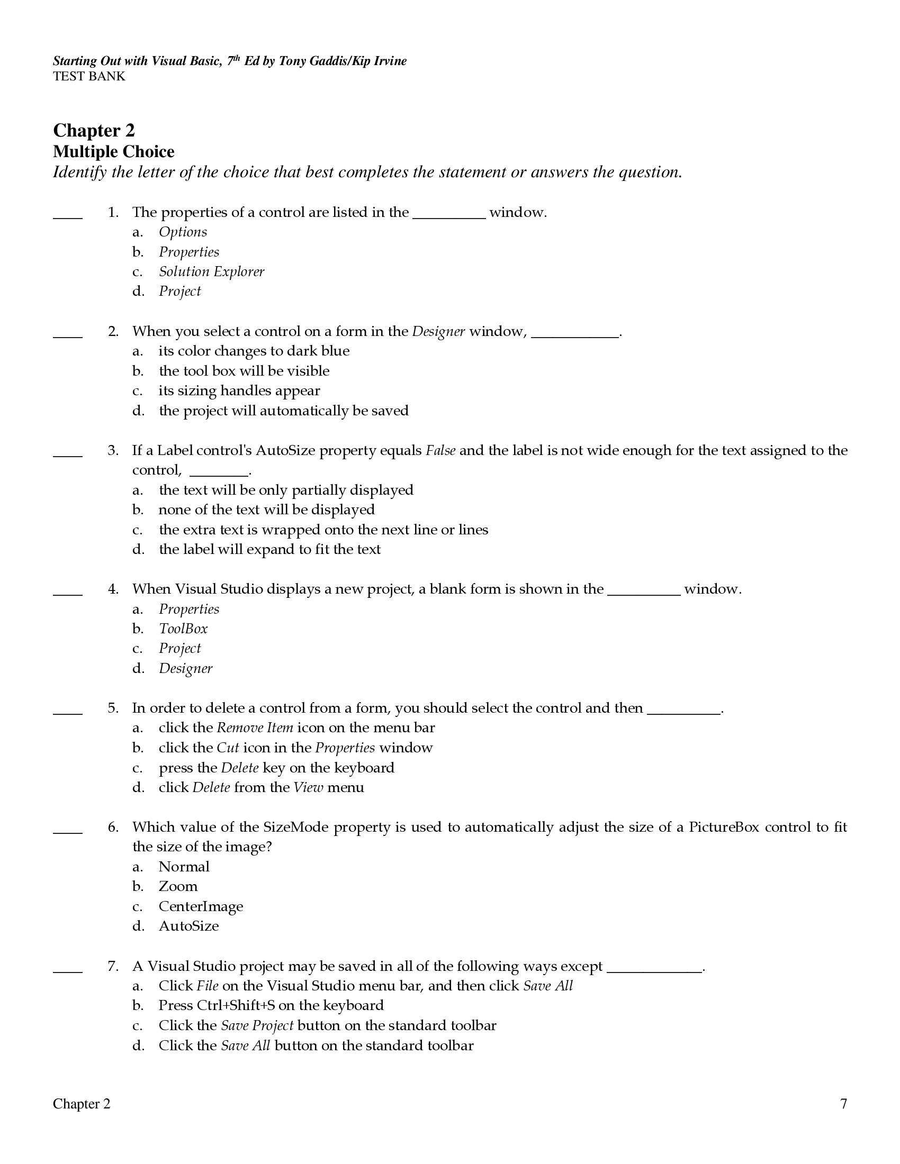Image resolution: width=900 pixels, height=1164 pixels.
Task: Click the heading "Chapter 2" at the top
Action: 94,131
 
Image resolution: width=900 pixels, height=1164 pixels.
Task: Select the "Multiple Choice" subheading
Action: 114,152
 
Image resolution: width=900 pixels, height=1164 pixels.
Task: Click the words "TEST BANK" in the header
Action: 89,76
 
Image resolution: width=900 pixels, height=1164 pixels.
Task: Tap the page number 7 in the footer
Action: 843,1103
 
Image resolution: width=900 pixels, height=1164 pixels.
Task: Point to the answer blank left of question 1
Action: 68,216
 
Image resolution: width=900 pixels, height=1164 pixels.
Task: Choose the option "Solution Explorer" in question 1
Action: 211,272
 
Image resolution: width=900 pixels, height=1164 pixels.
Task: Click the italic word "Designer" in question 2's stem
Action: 438,332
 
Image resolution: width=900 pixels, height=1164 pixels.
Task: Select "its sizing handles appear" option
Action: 239,390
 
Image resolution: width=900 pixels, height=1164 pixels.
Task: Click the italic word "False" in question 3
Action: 440,451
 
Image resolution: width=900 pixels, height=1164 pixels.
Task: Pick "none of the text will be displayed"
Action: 267,510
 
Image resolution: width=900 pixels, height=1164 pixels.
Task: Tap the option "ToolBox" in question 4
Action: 183,629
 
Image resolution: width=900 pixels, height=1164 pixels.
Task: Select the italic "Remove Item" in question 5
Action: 255,728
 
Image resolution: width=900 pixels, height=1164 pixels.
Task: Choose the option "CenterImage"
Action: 201,906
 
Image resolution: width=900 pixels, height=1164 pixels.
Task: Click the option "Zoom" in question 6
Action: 178,886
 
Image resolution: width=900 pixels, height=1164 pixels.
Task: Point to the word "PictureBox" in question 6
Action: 724,827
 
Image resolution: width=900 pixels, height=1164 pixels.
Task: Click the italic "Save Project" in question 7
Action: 257,1025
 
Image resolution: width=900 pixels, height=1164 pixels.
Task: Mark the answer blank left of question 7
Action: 68,970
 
